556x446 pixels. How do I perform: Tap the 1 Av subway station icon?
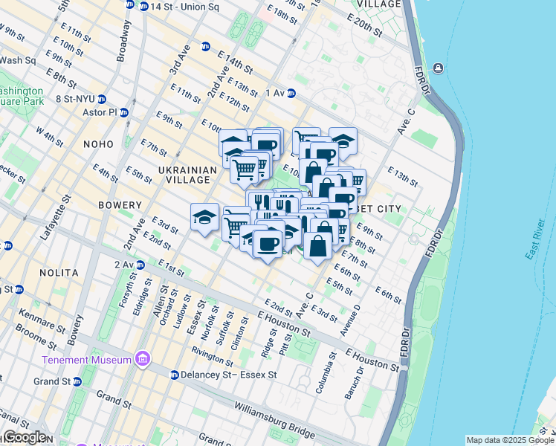tap(292, 93)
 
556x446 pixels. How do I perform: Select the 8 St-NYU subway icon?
tap(102, 98)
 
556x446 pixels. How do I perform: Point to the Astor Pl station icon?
tap(124, 113)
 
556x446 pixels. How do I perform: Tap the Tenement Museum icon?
tap(142, 360)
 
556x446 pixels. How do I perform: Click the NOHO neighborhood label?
tap(98, 143)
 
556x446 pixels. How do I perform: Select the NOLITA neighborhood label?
tap(57, 273)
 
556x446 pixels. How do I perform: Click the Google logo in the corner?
tap(24, 437)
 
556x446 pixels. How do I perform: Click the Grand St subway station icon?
tap(77, 381)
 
